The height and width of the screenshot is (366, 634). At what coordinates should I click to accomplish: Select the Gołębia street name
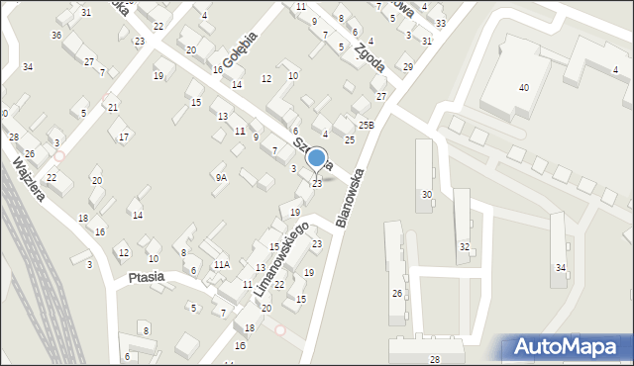point(240,49)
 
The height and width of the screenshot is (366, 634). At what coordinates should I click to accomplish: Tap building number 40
point(523,88)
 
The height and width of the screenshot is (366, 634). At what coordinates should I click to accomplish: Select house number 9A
point(221,178)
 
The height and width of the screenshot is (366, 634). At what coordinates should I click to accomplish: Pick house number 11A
point(222,264)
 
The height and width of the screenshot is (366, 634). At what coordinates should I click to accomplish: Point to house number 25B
point(367,126)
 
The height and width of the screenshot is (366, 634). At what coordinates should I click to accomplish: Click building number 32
point(464,246)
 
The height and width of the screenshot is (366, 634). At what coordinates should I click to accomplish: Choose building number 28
point(434,358)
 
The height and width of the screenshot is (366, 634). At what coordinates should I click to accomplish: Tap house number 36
point(56,36)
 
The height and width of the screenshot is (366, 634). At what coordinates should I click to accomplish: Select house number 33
point(440,24)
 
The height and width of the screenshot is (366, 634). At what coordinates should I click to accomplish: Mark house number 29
point(407,67)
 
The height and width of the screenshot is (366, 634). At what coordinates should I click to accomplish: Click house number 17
point(123,137)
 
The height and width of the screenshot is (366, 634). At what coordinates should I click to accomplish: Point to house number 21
point(113,107)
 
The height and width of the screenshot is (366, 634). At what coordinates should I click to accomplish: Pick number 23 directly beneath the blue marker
point(317,183)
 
